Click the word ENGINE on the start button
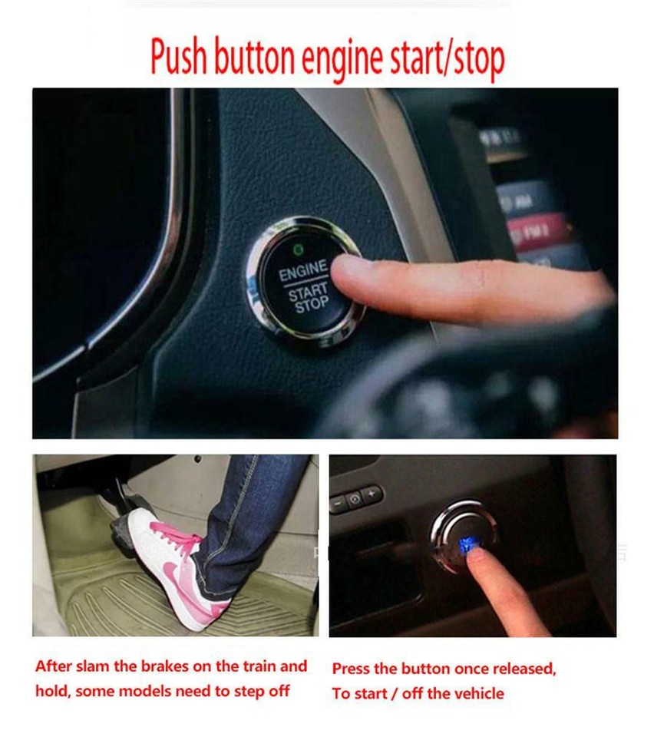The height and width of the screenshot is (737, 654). tap(302, 272)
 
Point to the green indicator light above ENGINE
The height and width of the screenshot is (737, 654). tap(298, 250)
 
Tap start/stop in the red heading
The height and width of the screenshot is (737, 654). tap(453, 58)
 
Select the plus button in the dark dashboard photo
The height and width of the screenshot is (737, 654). tap(372, 494)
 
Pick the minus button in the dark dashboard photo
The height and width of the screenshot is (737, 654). tap(339, 503)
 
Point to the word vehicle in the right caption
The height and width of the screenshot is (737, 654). tap(476, 693)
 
